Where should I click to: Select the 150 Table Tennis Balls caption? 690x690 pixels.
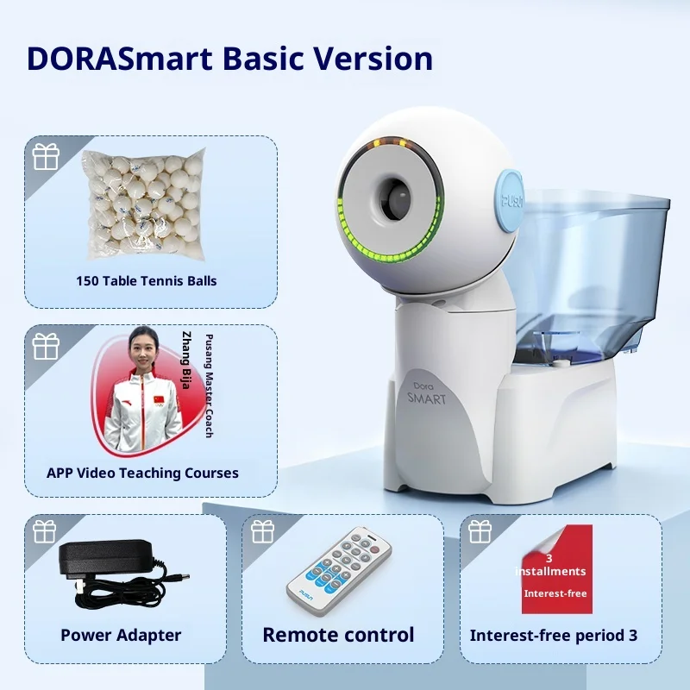pyautogui.click(x=147, y=281)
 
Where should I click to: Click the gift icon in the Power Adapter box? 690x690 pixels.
pyautogui.click(x=45, y=531)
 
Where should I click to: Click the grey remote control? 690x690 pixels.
pyautogui.click(x=339, y=571)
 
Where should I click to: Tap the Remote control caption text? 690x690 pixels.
pyautogui.click(x=338, y=635)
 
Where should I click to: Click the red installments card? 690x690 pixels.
pyautogui.click(x=557, y=569)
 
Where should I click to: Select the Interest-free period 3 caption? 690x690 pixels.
pyautogui.click(x=554, y=636)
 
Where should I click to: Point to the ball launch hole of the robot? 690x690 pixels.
pyautogui.click(x=394, y=199)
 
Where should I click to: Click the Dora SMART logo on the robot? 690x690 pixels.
pyautogui.click(x=426, y=393)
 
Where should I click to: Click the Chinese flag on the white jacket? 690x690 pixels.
pyautogui.click(x=159, y=400)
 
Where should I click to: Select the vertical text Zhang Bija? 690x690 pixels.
pyautogui.click(x=187, y=360)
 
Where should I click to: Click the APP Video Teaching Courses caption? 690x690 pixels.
pyautogui.click(x=142, y=473)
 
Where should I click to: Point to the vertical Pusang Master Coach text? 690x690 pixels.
pyautogui.click(x=209, y=386)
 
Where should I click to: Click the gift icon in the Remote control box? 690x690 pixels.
pyautogui.click(x=263, y=531)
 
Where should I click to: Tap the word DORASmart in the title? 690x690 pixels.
pyautogui.click(x=120, y=59)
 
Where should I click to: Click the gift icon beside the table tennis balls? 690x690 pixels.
pyautogui.click(x=46, y=157)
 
